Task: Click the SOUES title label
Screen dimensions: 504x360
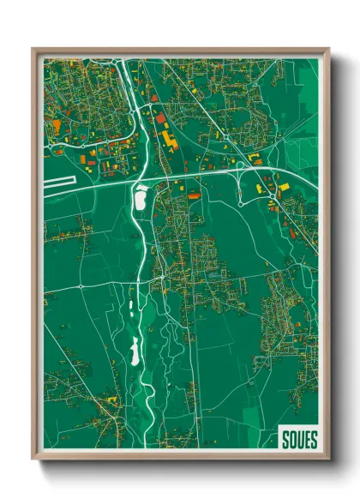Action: (x=298, y=440)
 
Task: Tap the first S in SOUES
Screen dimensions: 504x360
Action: (x=285, y=440)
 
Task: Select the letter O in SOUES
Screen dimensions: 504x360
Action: (x=291, y=440)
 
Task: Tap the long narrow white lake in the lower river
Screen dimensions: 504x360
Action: (x=134, y=350)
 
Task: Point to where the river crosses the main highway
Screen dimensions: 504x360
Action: (x=141, y=175)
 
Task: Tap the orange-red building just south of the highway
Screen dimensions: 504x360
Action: (x=194, y=196)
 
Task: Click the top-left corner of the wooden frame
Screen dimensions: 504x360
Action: (x=33, y=49)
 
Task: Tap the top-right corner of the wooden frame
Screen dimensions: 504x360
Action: (x=328, y=49)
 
